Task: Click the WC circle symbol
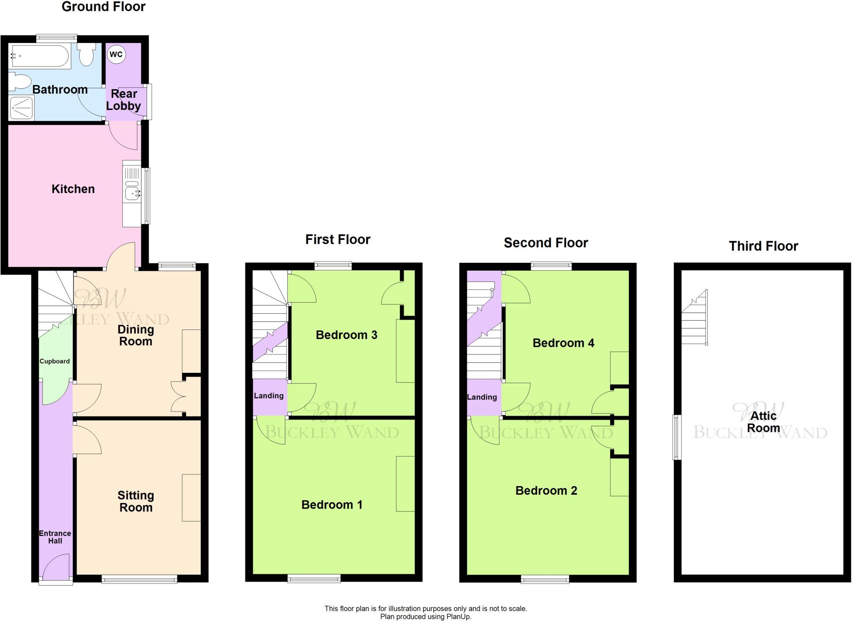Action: click(x=116, y=55)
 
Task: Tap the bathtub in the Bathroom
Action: click(x=40, y=56)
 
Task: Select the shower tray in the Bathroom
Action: click(x=21, y=107)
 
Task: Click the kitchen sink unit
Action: click(x=132, y=193)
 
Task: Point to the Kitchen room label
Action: click(x=73, y=189)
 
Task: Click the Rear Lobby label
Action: click(x=123, y=100)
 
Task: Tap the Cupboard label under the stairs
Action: click(x=55, y=362)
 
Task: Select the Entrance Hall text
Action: click(x=55, y=537)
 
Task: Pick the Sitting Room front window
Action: click(x=140, y=579)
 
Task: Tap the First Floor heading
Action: click(x=338, y=239)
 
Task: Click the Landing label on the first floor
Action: click(x=269, y=396)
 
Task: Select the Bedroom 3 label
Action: click(x=347, y=335)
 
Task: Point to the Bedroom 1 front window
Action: click(x=314, y=578)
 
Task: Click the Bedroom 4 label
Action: click(x=563, y=343)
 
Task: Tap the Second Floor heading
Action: click(x=546, y=243)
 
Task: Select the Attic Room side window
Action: click(x=678, y=437)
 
